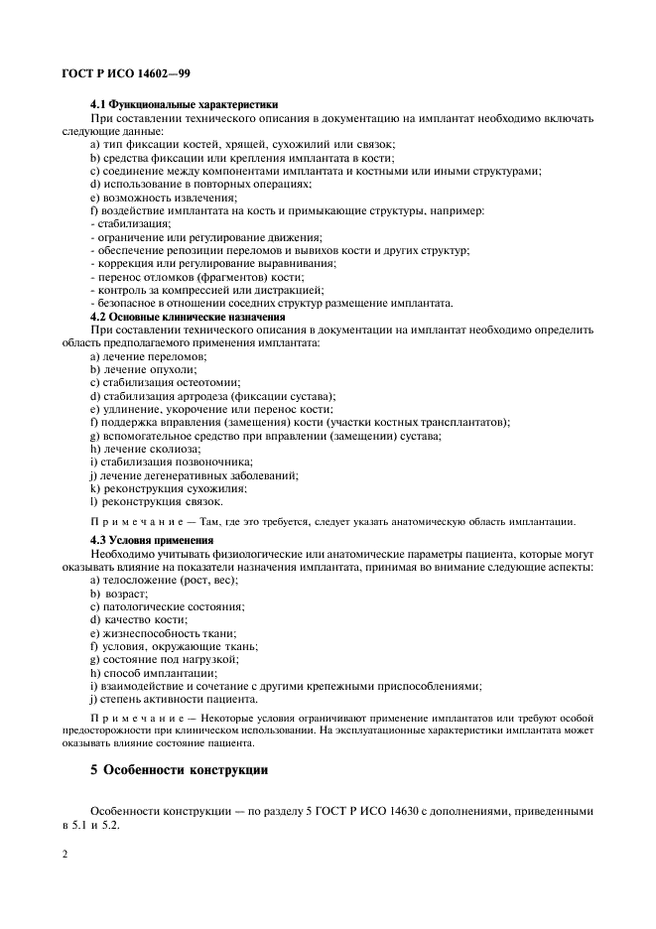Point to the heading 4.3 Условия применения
152,541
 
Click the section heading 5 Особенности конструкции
179,769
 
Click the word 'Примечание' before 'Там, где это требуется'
132,521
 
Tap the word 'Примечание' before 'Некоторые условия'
132,718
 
